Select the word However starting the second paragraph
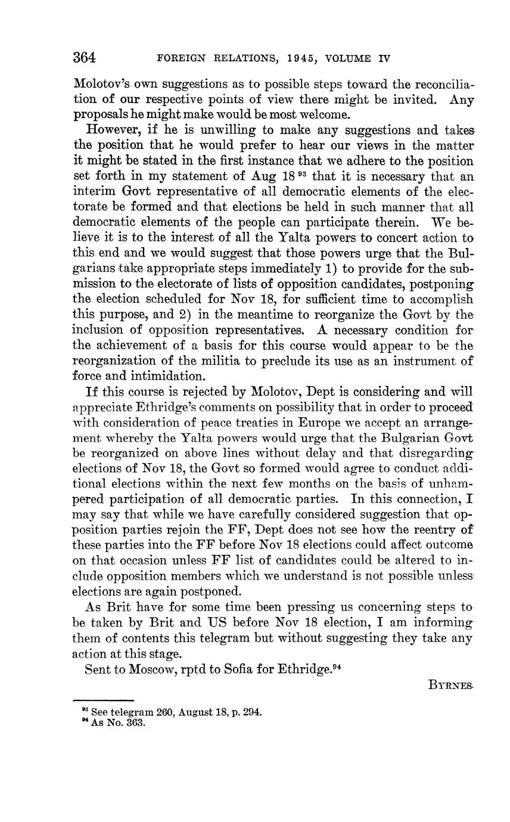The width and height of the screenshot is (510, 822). click(111, 130)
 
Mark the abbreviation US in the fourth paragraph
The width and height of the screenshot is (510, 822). click(207, 622)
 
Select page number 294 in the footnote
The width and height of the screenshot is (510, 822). click(252, 712)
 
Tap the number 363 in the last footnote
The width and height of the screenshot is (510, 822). click(135, 723)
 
